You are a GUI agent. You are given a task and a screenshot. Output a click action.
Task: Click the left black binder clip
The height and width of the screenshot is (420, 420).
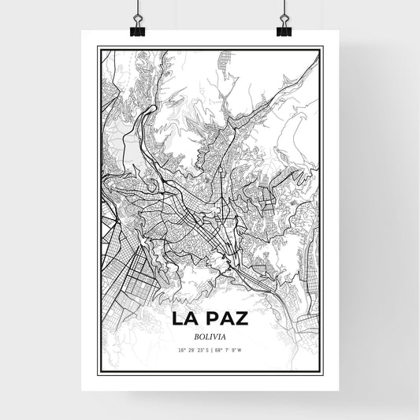[x=136, y=29]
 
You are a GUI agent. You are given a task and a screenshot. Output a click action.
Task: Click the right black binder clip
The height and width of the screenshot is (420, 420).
[x=284, y=29]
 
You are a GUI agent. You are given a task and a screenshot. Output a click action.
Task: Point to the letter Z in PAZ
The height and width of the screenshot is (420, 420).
[x=243, y=318]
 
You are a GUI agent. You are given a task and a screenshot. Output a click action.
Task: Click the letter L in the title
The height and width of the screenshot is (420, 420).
[x=179, y=318]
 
